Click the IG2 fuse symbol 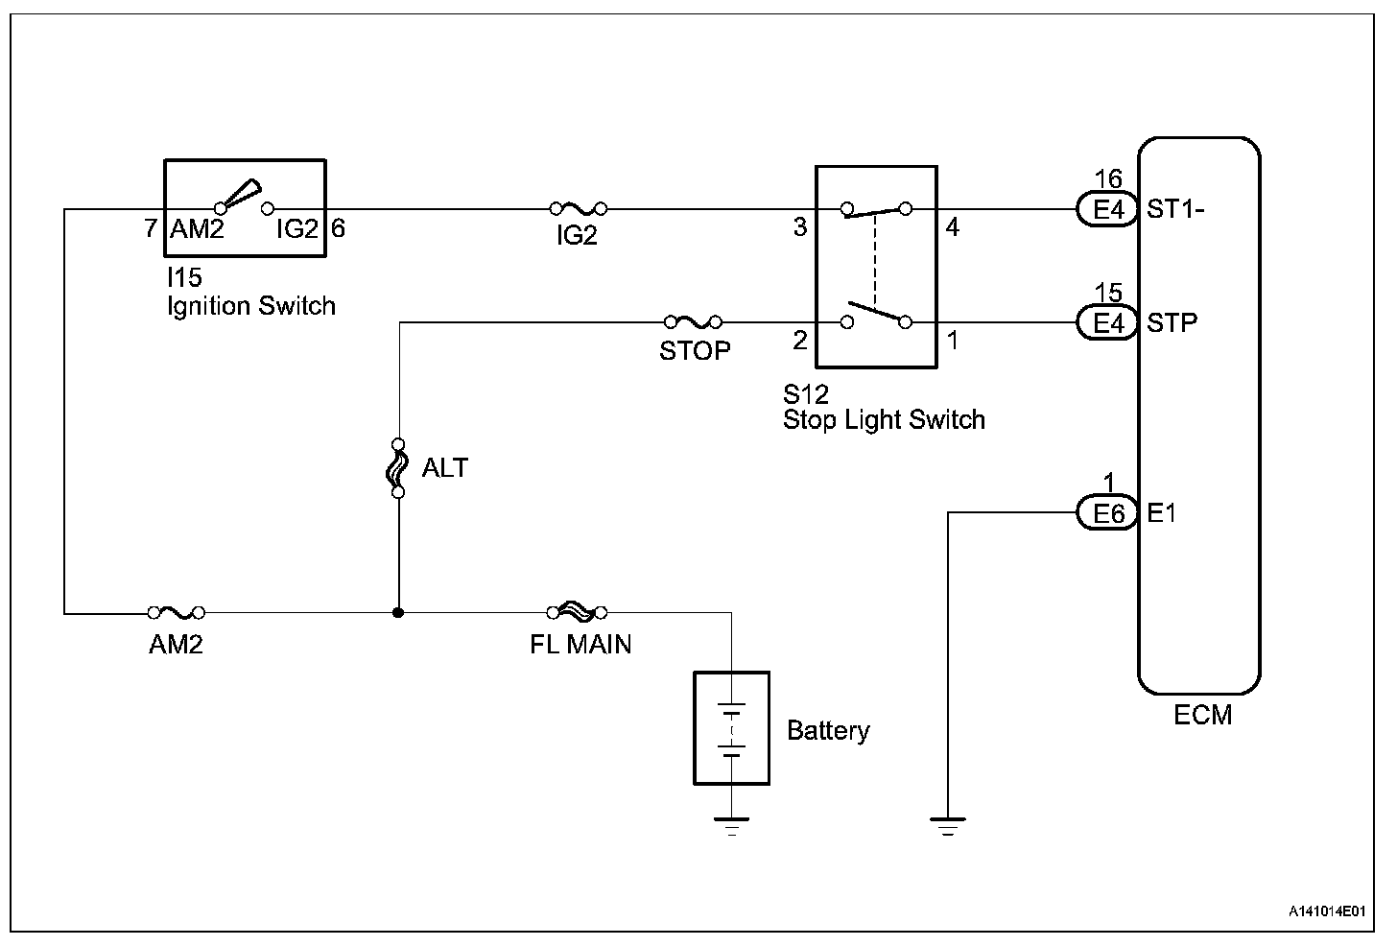[x=578, y=207]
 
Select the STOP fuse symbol [x=693, y=322]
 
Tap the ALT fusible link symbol [x=397, y=468]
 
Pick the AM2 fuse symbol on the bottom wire [x=176, y=612]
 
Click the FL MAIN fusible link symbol [x=577, y=612]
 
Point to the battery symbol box [x=731, y=728]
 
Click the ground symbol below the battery [x=731, y=824]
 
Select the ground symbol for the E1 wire [x=947, y=824]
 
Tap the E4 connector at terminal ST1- [x=1108, y=208]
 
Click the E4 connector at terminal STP [x=1108, y=322]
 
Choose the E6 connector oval [x=1108, y=513]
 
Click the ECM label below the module [x=1202, y=716]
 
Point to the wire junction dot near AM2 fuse [x=397, y=612]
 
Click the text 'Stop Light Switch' [x=884, y=420]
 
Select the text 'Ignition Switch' [x=251, y=306]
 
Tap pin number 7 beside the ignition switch [x=151, y=229]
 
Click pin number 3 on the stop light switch [x=799, y=228]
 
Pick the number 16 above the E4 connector [x=1108, y=179]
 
